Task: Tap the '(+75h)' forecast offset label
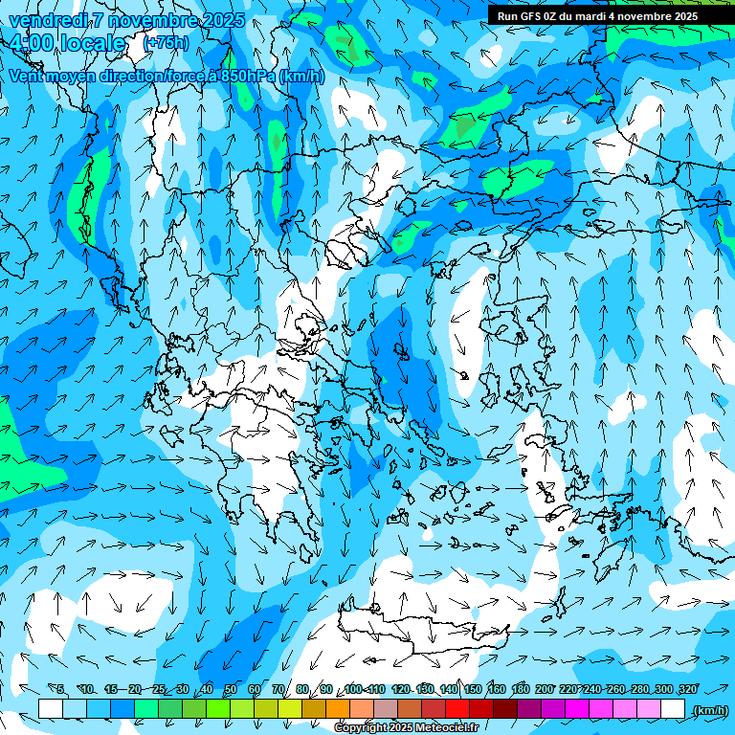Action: tap(166, 43)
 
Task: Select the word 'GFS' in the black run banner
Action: tap(530, 16)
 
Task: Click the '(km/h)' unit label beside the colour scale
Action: tap(710, 709)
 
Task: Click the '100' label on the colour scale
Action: tap(353, 689)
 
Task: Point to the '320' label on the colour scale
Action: tap(687, 689)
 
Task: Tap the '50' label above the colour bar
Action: tap(231, 689)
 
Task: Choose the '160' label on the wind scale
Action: tap(497, 689)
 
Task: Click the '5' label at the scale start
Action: tap(59, 689)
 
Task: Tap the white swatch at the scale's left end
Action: tap(51, 709)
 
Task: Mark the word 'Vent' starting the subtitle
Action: tap(29, 76)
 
